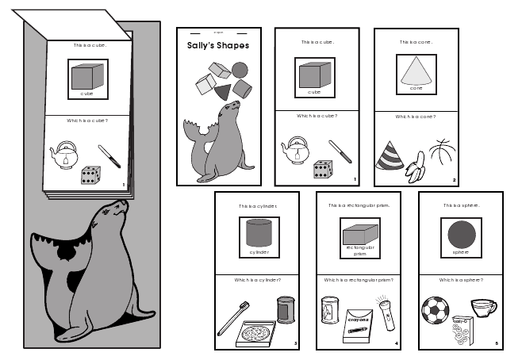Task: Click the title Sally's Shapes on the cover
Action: tap(217, 45)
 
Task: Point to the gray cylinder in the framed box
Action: tap(259, 235)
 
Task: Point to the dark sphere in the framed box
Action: tap(461, 236)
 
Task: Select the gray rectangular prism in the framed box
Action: tap(359, 234)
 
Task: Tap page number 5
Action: tap(497, 343)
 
